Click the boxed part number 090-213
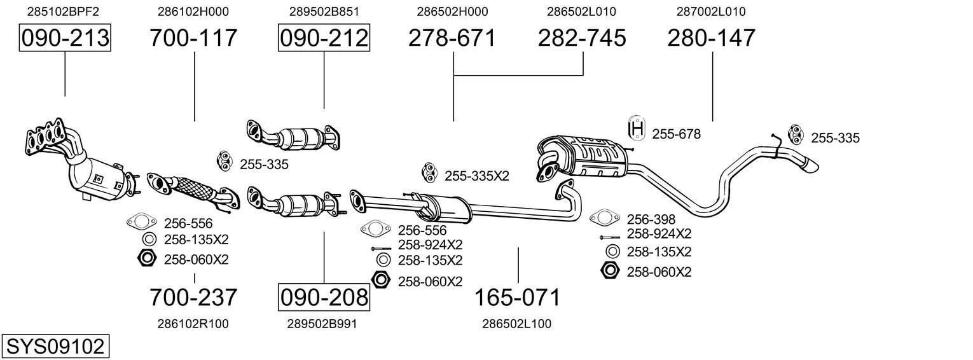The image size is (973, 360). [x=65, y=38]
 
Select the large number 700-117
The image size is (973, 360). [x=193, y=38]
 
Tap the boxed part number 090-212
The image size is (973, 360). [x=324, y=38]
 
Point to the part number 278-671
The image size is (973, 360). [x=452, y=38]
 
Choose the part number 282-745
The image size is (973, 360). [x=582, y=38]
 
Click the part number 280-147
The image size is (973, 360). [x=711, y=38]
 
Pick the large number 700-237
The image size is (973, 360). [x=193, y=297]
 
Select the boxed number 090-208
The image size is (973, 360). [x=324, y=297]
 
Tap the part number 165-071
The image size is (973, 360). [x=518, y=297]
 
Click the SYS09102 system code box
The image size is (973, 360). [x=55, y=347]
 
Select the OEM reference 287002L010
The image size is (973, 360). [x=711, y=11]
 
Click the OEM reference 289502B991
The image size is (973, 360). [x=322, y=324]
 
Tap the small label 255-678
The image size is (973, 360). [x=676, y=134]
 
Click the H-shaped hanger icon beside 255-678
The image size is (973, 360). [x=637, y=128]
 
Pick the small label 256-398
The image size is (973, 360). [x=651, y=219]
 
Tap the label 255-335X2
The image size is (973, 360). [x=476, y=176]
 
